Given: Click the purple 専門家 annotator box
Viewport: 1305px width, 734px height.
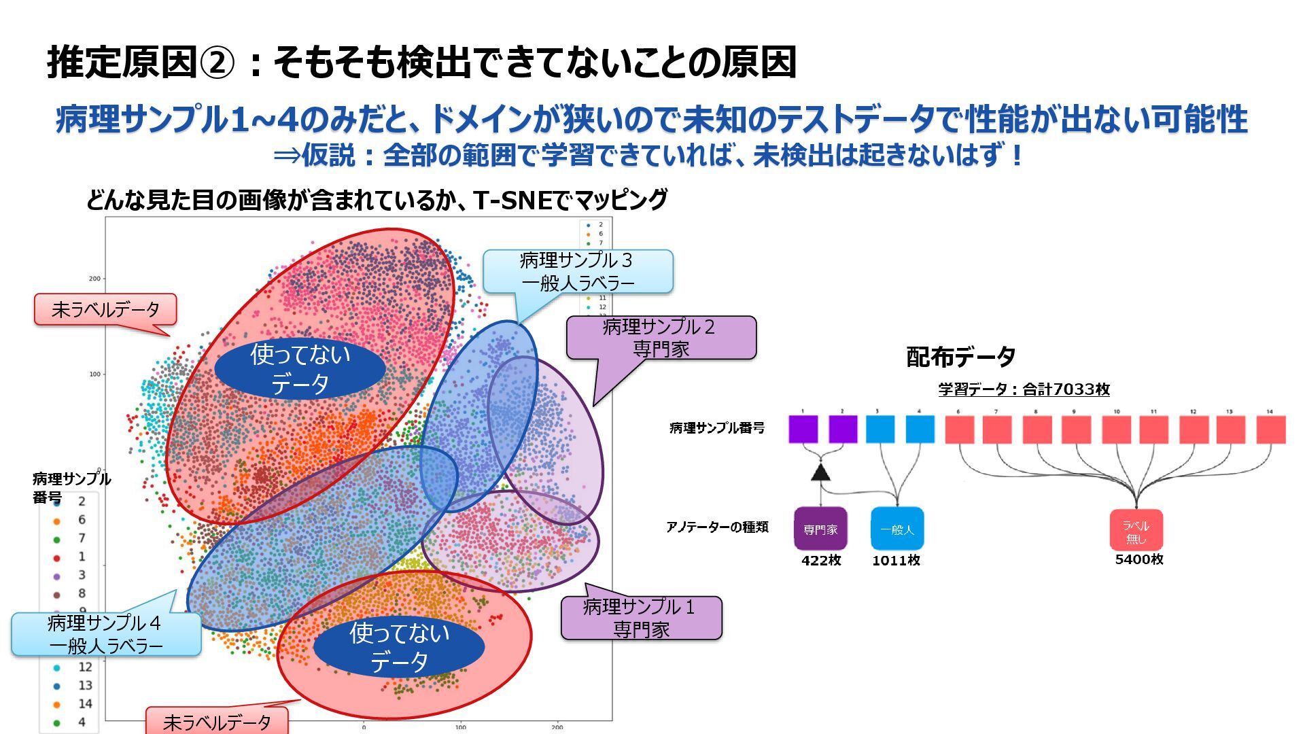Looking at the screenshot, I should [820, 529].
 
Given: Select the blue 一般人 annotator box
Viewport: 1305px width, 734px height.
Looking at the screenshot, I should [897, 529].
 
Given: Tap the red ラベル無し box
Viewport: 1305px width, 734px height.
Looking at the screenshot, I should [1136, 530].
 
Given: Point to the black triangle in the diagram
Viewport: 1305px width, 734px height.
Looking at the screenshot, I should [821, 472].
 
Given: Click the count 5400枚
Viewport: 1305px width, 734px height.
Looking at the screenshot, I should [1139, 559].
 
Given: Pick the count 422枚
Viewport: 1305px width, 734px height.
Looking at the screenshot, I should [821, 560].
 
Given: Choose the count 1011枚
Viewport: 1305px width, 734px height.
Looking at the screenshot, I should [896, 560].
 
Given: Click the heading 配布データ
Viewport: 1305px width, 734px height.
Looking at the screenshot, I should [961, 357].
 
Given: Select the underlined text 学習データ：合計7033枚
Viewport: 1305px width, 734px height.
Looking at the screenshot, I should [1024, 389].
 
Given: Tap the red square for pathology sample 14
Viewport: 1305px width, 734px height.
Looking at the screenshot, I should [1270, 430].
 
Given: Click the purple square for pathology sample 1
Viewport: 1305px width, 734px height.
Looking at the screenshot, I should [803, 430].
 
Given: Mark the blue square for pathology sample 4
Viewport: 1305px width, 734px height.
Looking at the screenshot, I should [920, 430].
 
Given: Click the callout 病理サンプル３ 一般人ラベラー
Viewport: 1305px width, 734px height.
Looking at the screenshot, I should [578, 271].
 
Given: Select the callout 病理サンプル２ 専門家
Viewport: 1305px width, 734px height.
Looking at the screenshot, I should [661, 338].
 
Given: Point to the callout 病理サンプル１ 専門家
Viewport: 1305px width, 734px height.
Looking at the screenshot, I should [641, 618].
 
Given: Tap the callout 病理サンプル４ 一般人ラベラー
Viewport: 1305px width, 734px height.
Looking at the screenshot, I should [106, 634].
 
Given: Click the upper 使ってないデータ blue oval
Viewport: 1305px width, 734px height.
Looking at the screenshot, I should [300, 368].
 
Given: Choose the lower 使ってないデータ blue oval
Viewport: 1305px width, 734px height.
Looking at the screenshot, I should [399, 647].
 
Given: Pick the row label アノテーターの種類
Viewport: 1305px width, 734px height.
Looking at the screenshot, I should [717, 527].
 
